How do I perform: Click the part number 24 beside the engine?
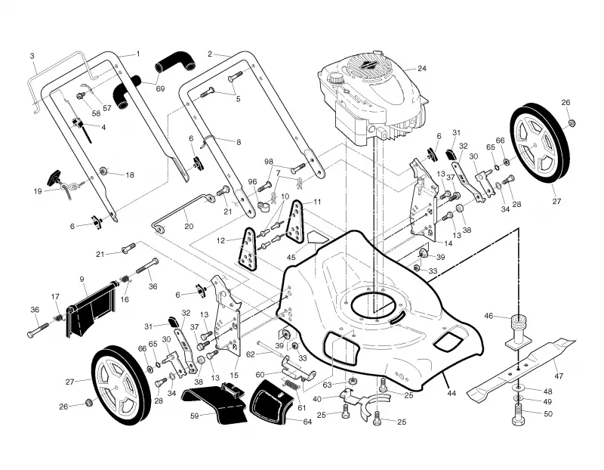point(422,69)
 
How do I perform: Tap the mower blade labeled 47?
point(521,369)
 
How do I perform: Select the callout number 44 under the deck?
point(451,393)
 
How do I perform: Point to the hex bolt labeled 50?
point(519,416)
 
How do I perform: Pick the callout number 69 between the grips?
point(160,88)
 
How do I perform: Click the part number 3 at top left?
point(32,56)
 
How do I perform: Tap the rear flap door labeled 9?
point(91,308)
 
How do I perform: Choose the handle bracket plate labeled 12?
point(247,249)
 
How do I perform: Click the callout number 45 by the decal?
point(291,257)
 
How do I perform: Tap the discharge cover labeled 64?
point(271,401)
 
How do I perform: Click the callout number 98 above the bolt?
point(269,161)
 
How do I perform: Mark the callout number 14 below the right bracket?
point(448,243)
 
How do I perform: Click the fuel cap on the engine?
point(335,78)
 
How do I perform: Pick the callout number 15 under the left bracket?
point(234,375)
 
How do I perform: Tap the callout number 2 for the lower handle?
point(210,54)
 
